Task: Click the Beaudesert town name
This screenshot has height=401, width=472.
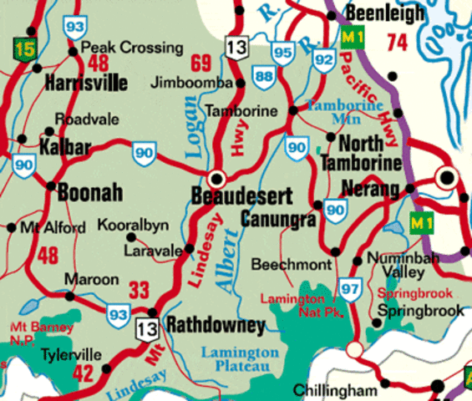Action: tap(241, 198)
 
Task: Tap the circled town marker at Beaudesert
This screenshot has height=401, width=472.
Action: tap(218, 178)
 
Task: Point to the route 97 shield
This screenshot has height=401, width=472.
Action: tap(348, 291)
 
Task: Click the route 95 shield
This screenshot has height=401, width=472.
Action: tap(283, 54)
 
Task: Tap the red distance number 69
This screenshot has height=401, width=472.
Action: tap(201, 63)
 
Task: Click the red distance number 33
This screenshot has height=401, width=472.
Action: tap(139, 291)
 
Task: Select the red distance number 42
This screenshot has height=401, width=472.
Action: tap(83, 374)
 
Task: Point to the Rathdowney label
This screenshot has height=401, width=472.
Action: tap(216, 326)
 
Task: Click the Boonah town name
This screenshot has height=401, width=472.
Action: tap(90, 194)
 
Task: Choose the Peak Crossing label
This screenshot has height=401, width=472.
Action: tap(133, 48)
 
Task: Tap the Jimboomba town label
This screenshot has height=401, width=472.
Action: tap(193, 83)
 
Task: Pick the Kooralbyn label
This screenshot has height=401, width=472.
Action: tap(134, 226)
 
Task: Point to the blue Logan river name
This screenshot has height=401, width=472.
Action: tap(190, 125)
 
